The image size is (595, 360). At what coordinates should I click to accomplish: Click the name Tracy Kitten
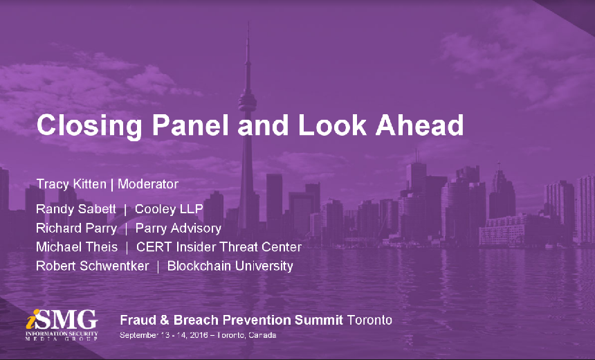click(71, 184)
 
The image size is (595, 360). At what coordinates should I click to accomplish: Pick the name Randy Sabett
click(76, 209)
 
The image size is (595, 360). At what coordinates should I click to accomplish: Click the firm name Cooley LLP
click(169, 209)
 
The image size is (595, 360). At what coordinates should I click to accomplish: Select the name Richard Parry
click(76, 228)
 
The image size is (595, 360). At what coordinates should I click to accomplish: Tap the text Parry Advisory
click(178, 228)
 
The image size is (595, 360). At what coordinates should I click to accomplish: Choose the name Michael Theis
click(77, 246)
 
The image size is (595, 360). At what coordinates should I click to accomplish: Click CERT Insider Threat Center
click(219, 246)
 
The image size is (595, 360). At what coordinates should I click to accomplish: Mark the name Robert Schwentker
click(93, 266)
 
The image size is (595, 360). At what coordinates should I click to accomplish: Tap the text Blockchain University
click(230, 266)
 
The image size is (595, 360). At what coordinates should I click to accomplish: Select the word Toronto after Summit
click(369, 320)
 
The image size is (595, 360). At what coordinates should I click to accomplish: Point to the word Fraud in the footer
click(136, 320)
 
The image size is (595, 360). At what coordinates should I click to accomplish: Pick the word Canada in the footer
click(262, 335)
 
